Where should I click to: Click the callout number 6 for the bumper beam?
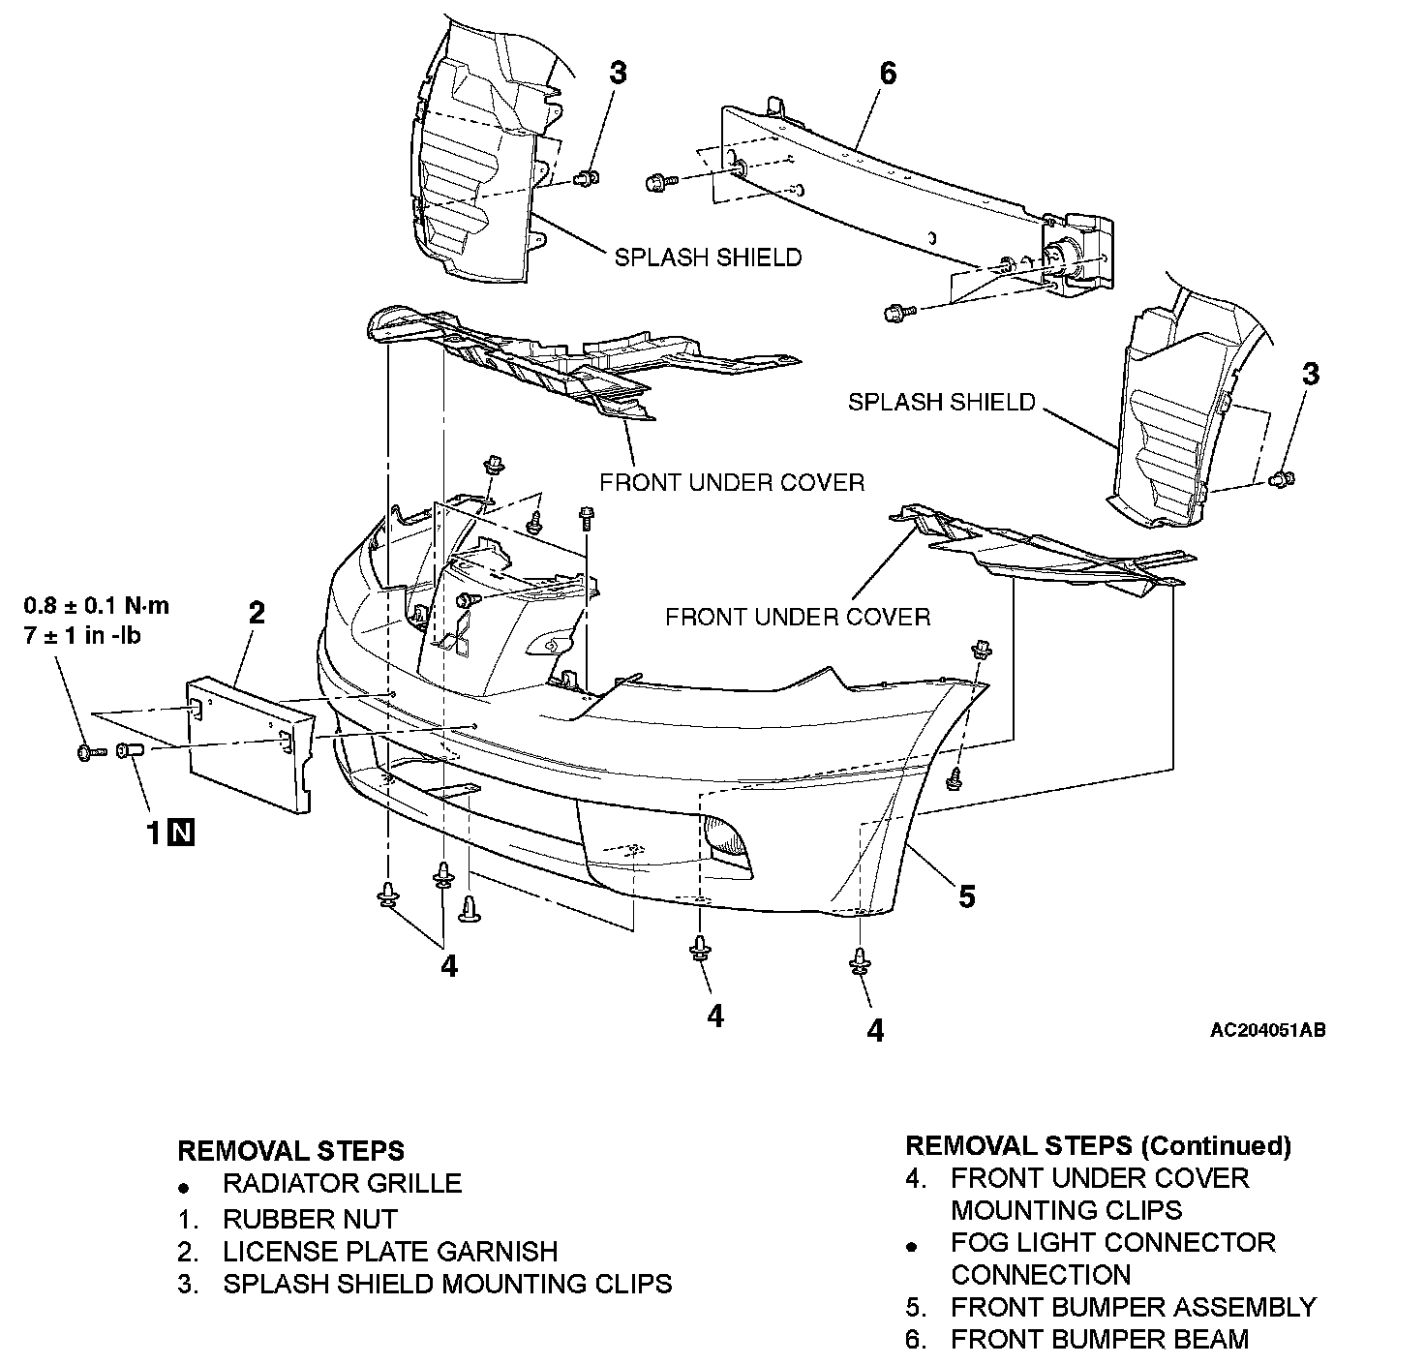(888, 73)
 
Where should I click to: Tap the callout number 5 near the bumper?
(966, 896)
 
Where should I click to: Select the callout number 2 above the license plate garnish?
(257, 612)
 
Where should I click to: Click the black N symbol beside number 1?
(181, 833)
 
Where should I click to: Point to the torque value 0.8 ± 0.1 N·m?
(96, 606)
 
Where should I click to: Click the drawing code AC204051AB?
(1267, 1030)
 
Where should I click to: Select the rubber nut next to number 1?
(130, 751)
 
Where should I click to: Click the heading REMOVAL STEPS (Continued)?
(1098, 1146)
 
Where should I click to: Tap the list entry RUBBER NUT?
(310, 1219)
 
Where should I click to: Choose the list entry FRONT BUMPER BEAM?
(1100, 1340)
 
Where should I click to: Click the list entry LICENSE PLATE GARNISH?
(390, 1251)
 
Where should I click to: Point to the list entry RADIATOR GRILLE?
(342, 1183)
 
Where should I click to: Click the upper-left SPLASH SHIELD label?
(708, 258)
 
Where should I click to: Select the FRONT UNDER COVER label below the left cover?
(732, 482)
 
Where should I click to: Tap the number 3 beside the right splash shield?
(1310, 374)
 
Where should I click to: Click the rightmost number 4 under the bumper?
(875, 1031)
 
